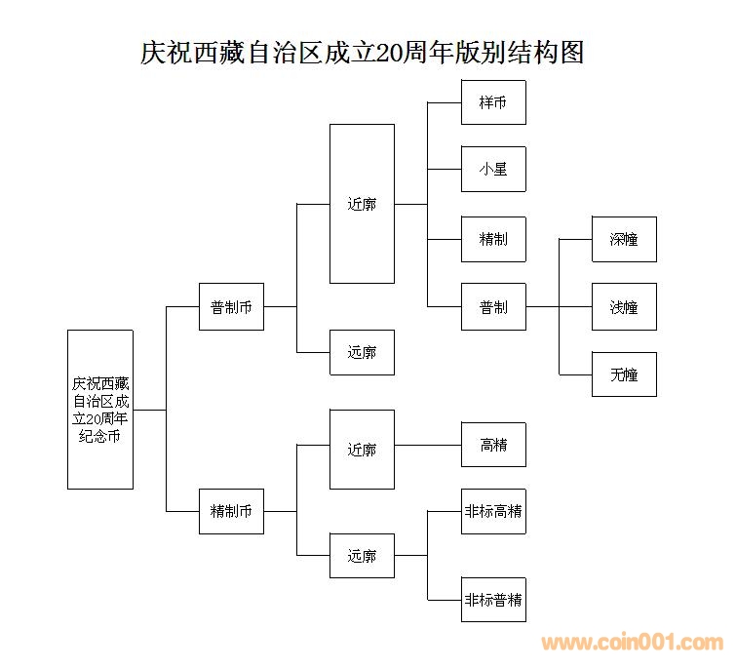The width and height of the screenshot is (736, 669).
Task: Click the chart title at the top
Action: pos(363,52)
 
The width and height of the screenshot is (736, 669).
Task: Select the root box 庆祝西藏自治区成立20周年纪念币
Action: pos(99,409)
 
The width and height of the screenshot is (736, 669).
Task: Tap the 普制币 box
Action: pos(231,306)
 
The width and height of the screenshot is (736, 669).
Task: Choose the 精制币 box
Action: pos(231,511)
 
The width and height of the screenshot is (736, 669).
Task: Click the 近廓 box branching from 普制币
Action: pos(362,204)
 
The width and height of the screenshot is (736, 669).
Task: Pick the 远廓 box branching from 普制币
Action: pos(362,352)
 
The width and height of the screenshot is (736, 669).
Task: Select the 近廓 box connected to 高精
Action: pos(362,450)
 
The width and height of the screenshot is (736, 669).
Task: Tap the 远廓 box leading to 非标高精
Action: pos(362,556)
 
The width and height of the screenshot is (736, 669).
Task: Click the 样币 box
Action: pos(493,101)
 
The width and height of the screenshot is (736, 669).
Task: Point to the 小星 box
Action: pos(493,169)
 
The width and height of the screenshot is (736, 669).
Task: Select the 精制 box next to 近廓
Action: pos(493,239)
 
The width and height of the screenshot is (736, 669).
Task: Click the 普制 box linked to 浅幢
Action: pos(493,306)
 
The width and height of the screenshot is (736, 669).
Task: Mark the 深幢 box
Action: pos(624,239)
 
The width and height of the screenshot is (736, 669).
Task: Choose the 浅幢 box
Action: pos(624,306)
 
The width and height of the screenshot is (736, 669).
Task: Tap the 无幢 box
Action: pos(624,374)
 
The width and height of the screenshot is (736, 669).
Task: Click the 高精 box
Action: pos(493,445)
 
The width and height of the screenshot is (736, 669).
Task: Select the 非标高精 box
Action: pos(493,511)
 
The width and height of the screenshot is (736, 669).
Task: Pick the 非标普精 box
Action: pos(493,600)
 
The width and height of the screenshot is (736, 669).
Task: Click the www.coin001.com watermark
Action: pos(633,643)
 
